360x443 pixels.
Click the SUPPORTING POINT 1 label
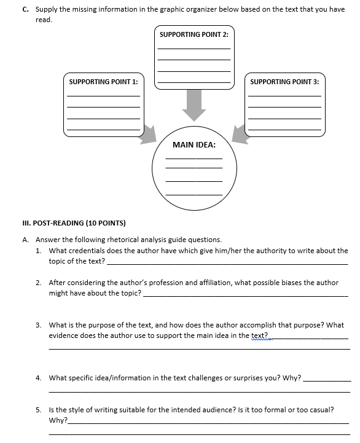tap(103, 82)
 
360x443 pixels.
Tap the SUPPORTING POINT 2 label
tap(194, 34)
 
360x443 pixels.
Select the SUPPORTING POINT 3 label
tap(284, 82)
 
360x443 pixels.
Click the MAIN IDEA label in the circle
tap(194, 145)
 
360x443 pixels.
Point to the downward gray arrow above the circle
tap(194, 104)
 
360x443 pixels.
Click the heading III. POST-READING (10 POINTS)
tap(75, 222)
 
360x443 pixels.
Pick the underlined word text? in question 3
tap(260, 335)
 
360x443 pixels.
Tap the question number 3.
tap(38, 325)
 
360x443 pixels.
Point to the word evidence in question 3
tap(64, 335)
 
